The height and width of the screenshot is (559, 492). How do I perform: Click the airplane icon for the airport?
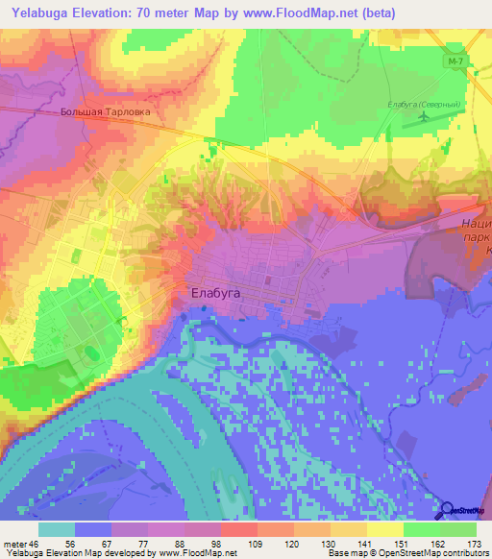[425, 117]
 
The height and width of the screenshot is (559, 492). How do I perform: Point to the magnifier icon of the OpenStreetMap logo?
[448, 510]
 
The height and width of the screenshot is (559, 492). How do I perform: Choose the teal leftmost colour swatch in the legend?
[57, 530]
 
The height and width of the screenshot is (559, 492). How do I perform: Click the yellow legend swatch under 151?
[385, 530]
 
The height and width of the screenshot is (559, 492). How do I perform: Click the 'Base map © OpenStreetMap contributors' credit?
[407, 552]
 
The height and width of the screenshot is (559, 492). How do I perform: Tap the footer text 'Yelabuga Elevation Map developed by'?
[78, 552]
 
